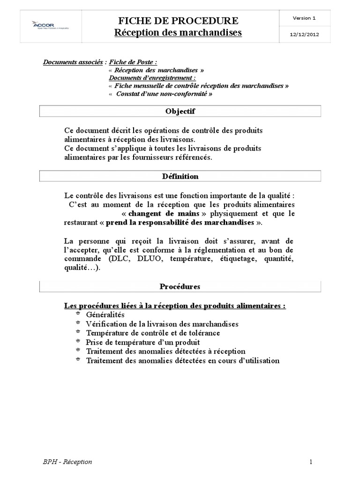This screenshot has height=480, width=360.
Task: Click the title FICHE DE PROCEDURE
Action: pos(178,20)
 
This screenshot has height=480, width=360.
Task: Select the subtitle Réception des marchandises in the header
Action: pos(178,32)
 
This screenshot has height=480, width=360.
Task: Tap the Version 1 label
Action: pos(304,18)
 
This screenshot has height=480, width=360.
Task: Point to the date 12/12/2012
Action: pos(304,35)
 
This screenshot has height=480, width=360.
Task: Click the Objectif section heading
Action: pos(180,112)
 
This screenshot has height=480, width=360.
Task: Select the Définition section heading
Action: pos(180,177)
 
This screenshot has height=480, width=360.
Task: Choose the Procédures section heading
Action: pos(180,286)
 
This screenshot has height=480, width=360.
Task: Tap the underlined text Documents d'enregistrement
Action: pos(152,78)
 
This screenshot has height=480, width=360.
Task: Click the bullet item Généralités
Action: pos(105,315)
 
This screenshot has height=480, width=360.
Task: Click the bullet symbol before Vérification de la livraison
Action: pos(77,323)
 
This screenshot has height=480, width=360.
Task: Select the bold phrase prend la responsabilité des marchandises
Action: pos(180,222)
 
